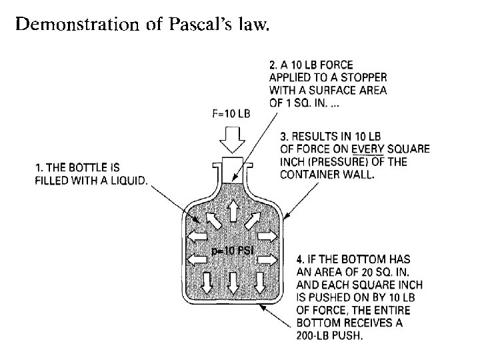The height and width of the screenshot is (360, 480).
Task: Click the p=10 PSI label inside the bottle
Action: (230, 251)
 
